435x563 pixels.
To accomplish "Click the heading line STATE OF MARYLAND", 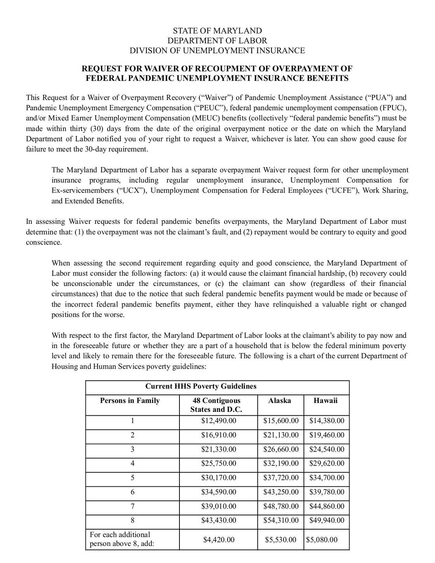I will click(217, 31).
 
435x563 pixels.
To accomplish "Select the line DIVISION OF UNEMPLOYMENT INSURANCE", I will click(217, 51).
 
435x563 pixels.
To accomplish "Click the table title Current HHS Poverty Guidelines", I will click(201, 387).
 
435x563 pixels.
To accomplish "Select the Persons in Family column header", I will click(130, 401).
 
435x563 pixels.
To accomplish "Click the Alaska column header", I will click(279, 401).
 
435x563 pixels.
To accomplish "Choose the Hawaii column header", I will click(325, 401).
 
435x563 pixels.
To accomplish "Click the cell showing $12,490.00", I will click(219, 421).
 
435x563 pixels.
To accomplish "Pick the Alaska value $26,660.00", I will click(281, 450).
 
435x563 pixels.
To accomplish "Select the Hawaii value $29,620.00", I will click(327, 464).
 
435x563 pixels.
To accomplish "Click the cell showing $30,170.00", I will click(219, 478).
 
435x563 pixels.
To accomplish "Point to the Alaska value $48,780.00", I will click(281, 506).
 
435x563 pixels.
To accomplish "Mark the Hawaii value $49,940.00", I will click(327, 521).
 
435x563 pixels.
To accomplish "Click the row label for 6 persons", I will click(132, 492).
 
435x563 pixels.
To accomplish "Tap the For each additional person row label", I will click(122, 539).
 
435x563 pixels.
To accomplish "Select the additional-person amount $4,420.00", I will click(219, 540).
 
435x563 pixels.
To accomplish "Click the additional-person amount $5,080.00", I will click(322, 540).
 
